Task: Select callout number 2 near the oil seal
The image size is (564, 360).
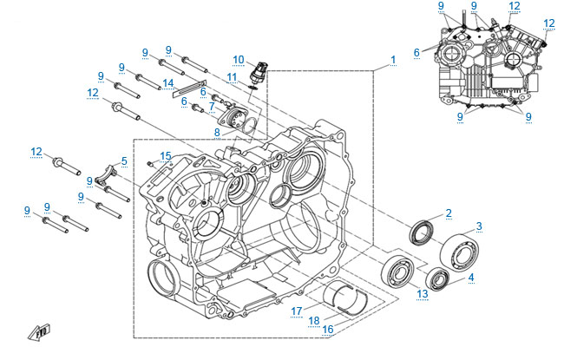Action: [449, 213]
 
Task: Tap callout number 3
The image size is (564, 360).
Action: [479, 226]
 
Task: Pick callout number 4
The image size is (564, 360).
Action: [471, 278]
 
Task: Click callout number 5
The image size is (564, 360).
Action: [124, 160]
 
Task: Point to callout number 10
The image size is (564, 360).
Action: [239, 58]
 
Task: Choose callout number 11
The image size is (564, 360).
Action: [232, 77]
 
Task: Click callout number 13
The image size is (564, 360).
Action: [423, 295]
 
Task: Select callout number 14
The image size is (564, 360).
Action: [168, 83]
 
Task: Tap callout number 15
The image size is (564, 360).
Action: [167, 156]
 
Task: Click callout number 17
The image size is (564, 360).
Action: [296, 311]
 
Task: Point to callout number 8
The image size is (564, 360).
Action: [218, 132]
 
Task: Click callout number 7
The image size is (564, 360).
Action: [211, 107]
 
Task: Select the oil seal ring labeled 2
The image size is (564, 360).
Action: [423, 230]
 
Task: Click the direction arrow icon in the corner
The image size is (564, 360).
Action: [37, 333]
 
